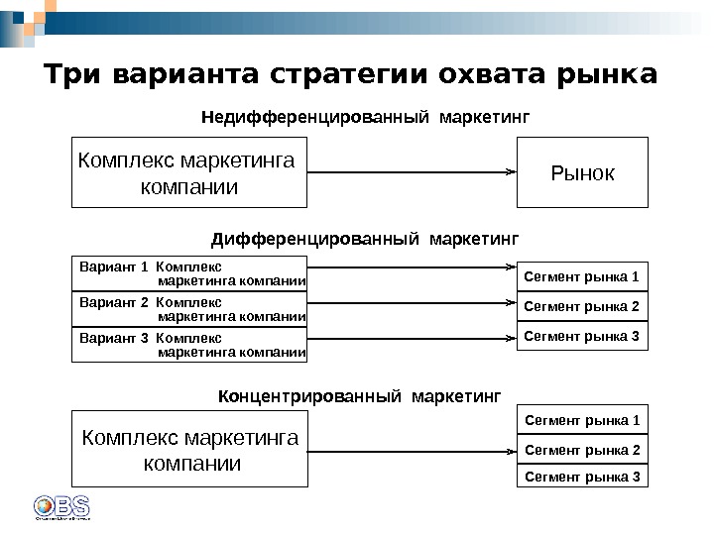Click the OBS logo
tap(61, 505)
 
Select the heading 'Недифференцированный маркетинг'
tap(366, 118)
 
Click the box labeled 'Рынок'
tap(582, 172)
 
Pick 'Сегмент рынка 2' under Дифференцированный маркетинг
tap(582, 306)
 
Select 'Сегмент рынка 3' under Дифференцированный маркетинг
tap(582, 336)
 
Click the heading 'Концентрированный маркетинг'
tap(359, 397)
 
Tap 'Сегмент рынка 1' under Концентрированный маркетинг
tap(582, 421)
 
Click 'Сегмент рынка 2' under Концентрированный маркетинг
tap(582, 451)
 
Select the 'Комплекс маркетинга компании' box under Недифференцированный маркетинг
tap(189, 172)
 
